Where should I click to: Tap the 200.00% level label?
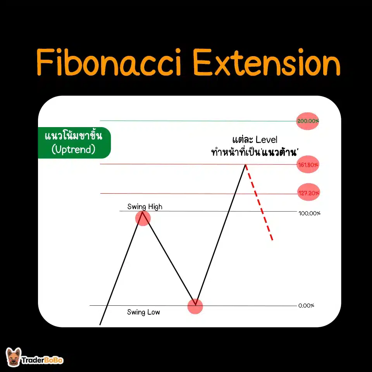(308, 121)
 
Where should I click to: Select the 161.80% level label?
(308, 165)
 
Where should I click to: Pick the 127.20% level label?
(309, 193)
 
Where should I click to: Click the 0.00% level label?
(306, 305)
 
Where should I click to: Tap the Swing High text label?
(145, 207)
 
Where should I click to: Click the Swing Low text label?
(143, 312)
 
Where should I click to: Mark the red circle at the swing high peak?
(143, 218)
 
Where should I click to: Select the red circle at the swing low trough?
(195, 306)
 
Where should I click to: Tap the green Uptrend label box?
(74, 143)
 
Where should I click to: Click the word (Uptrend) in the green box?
(73, 150)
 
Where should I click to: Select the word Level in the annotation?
(264, 139)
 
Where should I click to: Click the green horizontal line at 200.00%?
(194, 121)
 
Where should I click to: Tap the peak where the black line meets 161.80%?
(245, 165)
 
